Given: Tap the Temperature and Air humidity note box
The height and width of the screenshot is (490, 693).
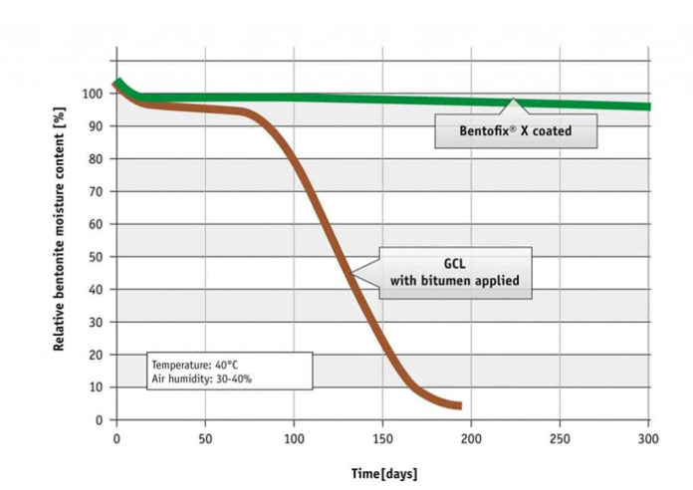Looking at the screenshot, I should (x=229, y=370).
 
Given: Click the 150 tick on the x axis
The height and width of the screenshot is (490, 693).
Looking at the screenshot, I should (x=383, y=437).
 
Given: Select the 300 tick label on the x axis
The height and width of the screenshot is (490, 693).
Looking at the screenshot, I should (x=649, y=437).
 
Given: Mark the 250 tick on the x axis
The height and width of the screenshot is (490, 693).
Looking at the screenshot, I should (x=561, y=437).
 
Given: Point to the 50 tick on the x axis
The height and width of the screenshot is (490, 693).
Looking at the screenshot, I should (x=205, y=437).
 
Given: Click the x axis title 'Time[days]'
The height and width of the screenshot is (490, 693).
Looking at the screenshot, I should (x=382, y=473).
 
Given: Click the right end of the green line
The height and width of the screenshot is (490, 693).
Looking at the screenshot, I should (x=648, y=107).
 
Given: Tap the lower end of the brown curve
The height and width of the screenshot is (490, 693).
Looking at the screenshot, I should (x=458, y=405).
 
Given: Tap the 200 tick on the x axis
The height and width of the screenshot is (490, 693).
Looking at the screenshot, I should (x=472, y=437).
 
